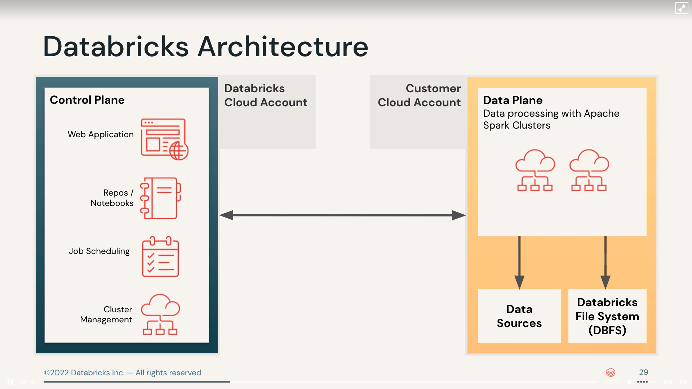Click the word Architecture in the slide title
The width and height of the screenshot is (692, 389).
pyautogui.click(x=283, y=47)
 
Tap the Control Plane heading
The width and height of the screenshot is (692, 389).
pyautogui.click(x=87, y=100)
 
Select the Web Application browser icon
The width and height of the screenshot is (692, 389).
pyautogui.click(x=164, y=139)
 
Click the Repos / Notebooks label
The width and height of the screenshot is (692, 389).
pyautogui.click(x=112, y=198)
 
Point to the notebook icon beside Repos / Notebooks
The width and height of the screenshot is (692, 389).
pyautogui.click(x=161, y=198)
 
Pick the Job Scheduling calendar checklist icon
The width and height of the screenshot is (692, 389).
pyautogui.click(x=160, y=257)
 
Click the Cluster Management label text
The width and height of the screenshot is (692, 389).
pyautogui.click(x=106, y=314)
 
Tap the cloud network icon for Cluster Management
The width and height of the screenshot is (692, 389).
pyautogui.click(x=160, y=314)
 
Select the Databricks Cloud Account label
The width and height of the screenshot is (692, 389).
pyautogui.click(x=266, y=95)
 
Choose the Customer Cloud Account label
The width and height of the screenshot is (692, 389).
pyautogui.click(x=419, y=95)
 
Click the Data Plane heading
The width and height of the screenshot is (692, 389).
pyautogui.click(x=513, y=100)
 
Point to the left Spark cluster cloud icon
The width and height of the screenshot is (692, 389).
pyautogui.click(x=535, y=170)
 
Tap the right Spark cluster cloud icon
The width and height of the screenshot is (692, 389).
pyautogui.click(x=589, y=170)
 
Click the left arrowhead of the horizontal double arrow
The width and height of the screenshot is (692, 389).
pyautogui.click(x=226, y=215)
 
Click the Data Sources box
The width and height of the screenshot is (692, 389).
pyautogui.click(x=519, y=316)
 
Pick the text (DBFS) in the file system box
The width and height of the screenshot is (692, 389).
pyautogui.click(x=607, y=330)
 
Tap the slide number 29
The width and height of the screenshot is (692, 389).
pyautogui.click(x=643, y=372)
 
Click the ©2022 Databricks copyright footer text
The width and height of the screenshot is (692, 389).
pyautogui.click(x=122, y=373)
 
